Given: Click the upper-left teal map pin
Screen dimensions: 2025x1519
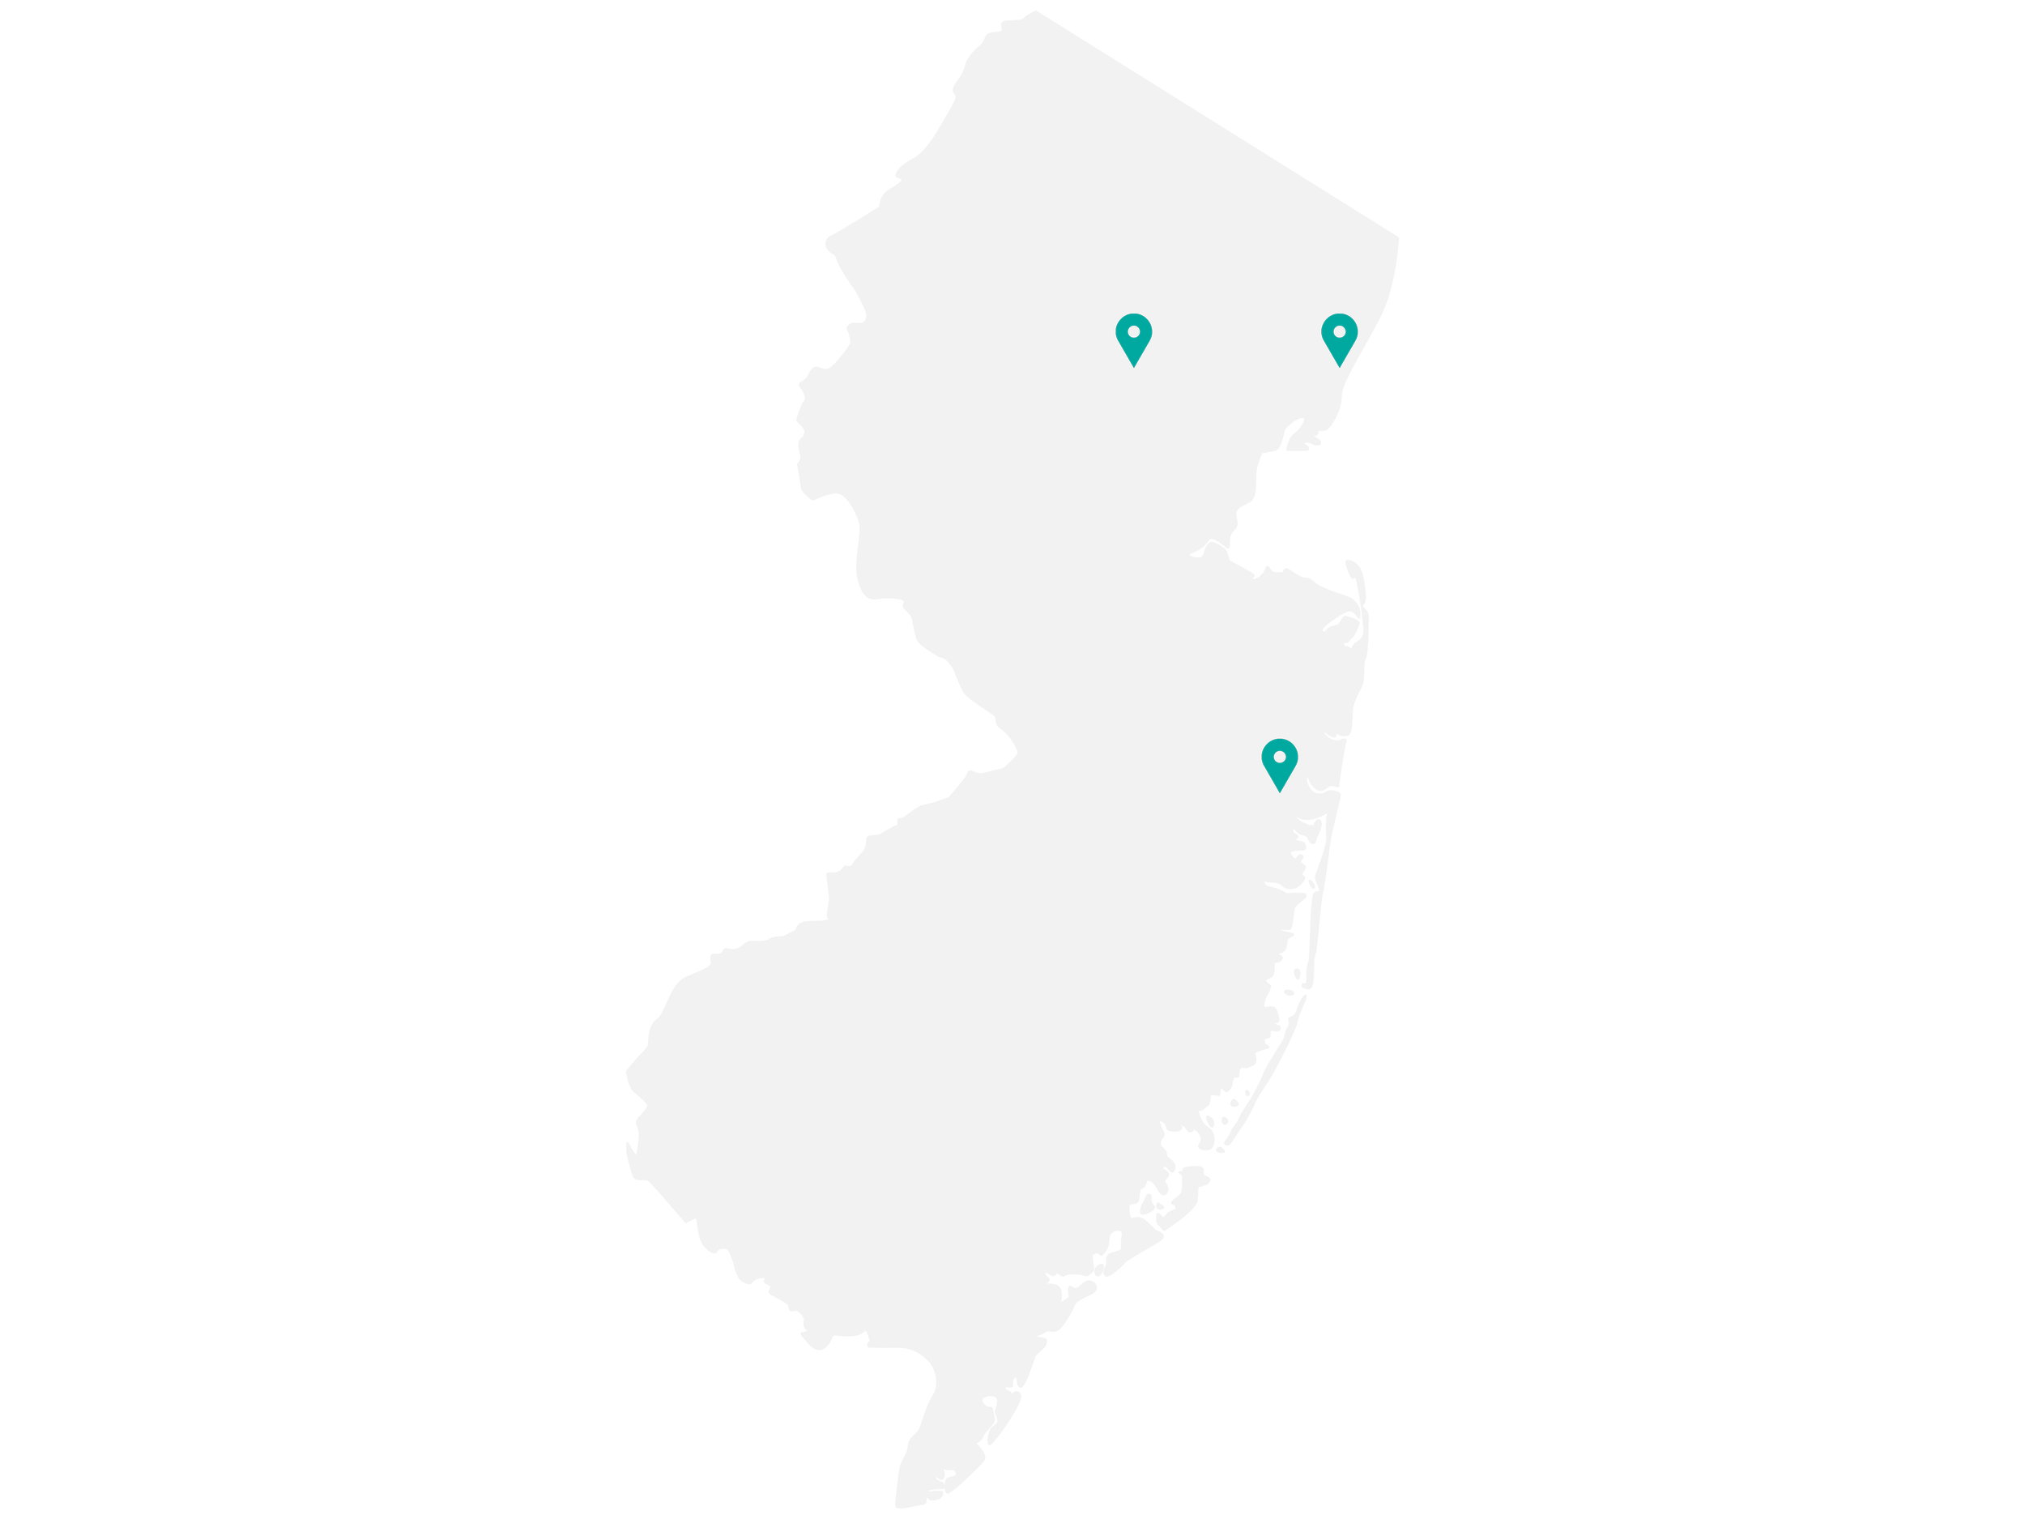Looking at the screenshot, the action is [x=1133, y=339].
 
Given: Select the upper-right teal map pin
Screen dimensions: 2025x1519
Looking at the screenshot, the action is [x=1339, y=339].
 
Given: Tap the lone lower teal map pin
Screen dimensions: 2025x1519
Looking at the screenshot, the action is [x=1280, y=764].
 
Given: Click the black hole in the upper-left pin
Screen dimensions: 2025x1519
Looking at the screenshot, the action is [x=1133, y=331].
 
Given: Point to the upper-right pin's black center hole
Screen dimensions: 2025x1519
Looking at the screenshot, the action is [x=1339, y=331].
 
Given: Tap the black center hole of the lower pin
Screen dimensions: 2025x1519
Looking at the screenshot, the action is [x=1280, y=757].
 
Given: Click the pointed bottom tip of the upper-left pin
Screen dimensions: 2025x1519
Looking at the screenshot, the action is [x=1133, y=366].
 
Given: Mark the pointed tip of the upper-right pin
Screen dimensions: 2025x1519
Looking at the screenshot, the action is [x=1339, y=366].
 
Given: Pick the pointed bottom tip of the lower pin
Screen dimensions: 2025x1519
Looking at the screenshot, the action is [x=1280, y=791].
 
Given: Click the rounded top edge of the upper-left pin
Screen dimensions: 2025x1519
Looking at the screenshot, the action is [x=1133, y=316].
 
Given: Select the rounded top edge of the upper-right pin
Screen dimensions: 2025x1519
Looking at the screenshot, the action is [x=1339, y=316].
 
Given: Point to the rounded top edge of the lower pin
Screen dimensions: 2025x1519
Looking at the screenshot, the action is [x=1280, y=740].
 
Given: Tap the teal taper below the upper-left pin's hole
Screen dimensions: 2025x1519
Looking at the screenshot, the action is [x=1133, y=350].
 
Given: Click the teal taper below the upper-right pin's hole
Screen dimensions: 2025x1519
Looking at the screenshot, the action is [x=1339, y=350].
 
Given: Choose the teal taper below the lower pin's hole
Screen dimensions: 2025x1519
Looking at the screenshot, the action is [x=1280, y=774].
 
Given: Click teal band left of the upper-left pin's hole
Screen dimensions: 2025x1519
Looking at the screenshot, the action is [x=1121, y=331].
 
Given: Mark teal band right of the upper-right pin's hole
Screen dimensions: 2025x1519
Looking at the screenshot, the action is [x=1351, y=331].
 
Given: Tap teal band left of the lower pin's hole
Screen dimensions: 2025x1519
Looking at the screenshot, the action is [x=1268, y=757].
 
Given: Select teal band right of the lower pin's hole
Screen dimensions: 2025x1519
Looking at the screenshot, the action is [x=1292, y=757].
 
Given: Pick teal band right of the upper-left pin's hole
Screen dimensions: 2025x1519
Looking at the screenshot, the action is [x=1145, y=331].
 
